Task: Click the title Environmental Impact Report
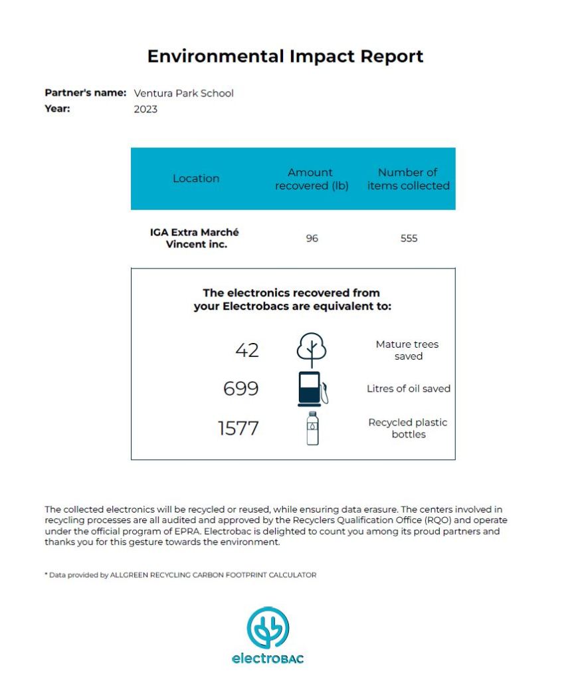point(285,56)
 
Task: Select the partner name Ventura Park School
point(183,93)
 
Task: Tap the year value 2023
point(145,109)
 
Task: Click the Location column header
point(196,178)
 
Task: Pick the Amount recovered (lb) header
point(311,179)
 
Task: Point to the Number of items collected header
point(408,179)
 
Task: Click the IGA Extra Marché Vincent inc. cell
point(194,238)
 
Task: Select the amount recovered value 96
point(312,238)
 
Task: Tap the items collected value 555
point(409,238)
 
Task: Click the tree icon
point(311,348)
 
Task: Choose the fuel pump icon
point(312,388)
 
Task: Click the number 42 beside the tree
point(247,350)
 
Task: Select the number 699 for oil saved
point(240,388)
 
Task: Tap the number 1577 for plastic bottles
point(238,428)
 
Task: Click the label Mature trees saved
point(407,350)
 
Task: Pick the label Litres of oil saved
point(409,388)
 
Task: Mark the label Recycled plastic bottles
point(408,428)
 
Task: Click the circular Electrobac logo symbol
point(268,627)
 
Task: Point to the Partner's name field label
point(85,93)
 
